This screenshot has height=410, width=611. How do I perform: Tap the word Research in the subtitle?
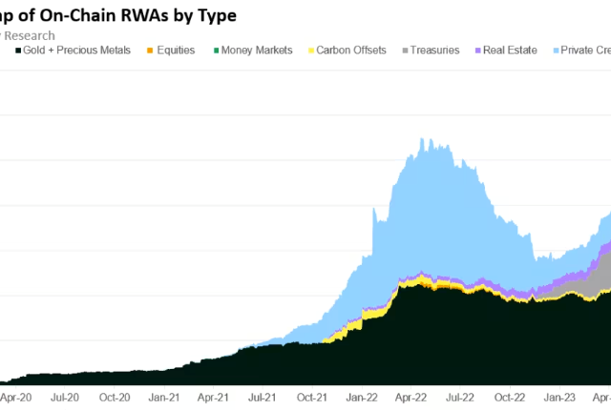point(29,35)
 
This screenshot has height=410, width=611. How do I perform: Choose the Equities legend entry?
point(175,51)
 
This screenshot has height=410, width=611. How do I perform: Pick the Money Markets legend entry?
point(258,51)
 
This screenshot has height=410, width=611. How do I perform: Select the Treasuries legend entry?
point(435,51)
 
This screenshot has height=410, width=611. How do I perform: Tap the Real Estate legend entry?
point(510,51)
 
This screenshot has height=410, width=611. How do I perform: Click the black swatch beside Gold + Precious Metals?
point(18,51)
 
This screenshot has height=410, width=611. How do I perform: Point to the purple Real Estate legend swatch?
point(477,51)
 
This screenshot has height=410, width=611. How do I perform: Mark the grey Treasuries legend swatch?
point(405,51)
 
